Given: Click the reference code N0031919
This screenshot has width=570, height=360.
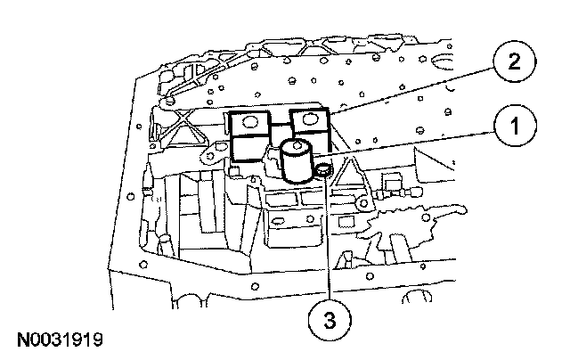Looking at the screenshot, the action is pos(58,340).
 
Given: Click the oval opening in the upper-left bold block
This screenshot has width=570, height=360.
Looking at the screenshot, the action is pos(249,121).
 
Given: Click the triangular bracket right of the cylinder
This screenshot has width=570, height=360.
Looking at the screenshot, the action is pos(350,178).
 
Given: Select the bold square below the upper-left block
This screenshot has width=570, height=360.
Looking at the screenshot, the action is pos(250,151).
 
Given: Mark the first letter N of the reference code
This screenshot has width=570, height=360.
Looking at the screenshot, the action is pos(20,340).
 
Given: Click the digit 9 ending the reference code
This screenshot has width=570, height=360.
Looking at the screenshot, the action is pos(97,340).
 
